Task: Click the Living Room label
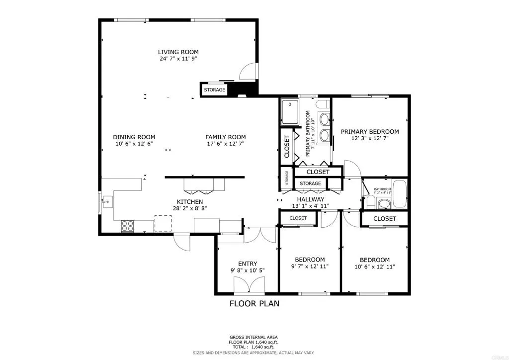point(178,52)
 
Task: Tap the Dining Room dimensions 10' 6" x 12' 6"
point(134,144)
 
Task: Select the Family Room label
point(226,137)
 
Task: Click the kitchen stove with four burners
point(128,226)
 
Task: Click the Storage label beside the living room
point(214,90)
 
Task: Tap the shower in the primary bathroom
point(290,112)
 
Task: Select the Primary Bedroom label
point(369,132)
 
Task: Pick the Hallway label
point(311,199)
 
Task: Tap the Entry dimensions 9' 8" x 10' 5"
point(248,271)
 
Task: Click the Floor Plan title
point(254,303)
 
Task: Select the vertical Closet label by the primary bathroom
point(287,147)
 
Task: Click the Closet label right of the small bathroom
point(384,219)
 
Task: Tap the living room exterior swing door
point(247,72)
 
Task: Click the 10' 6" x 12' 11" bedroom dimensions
point(374,267)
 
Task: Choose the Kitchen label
point(189,201)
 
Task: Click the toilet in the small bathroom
point(370,202)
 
